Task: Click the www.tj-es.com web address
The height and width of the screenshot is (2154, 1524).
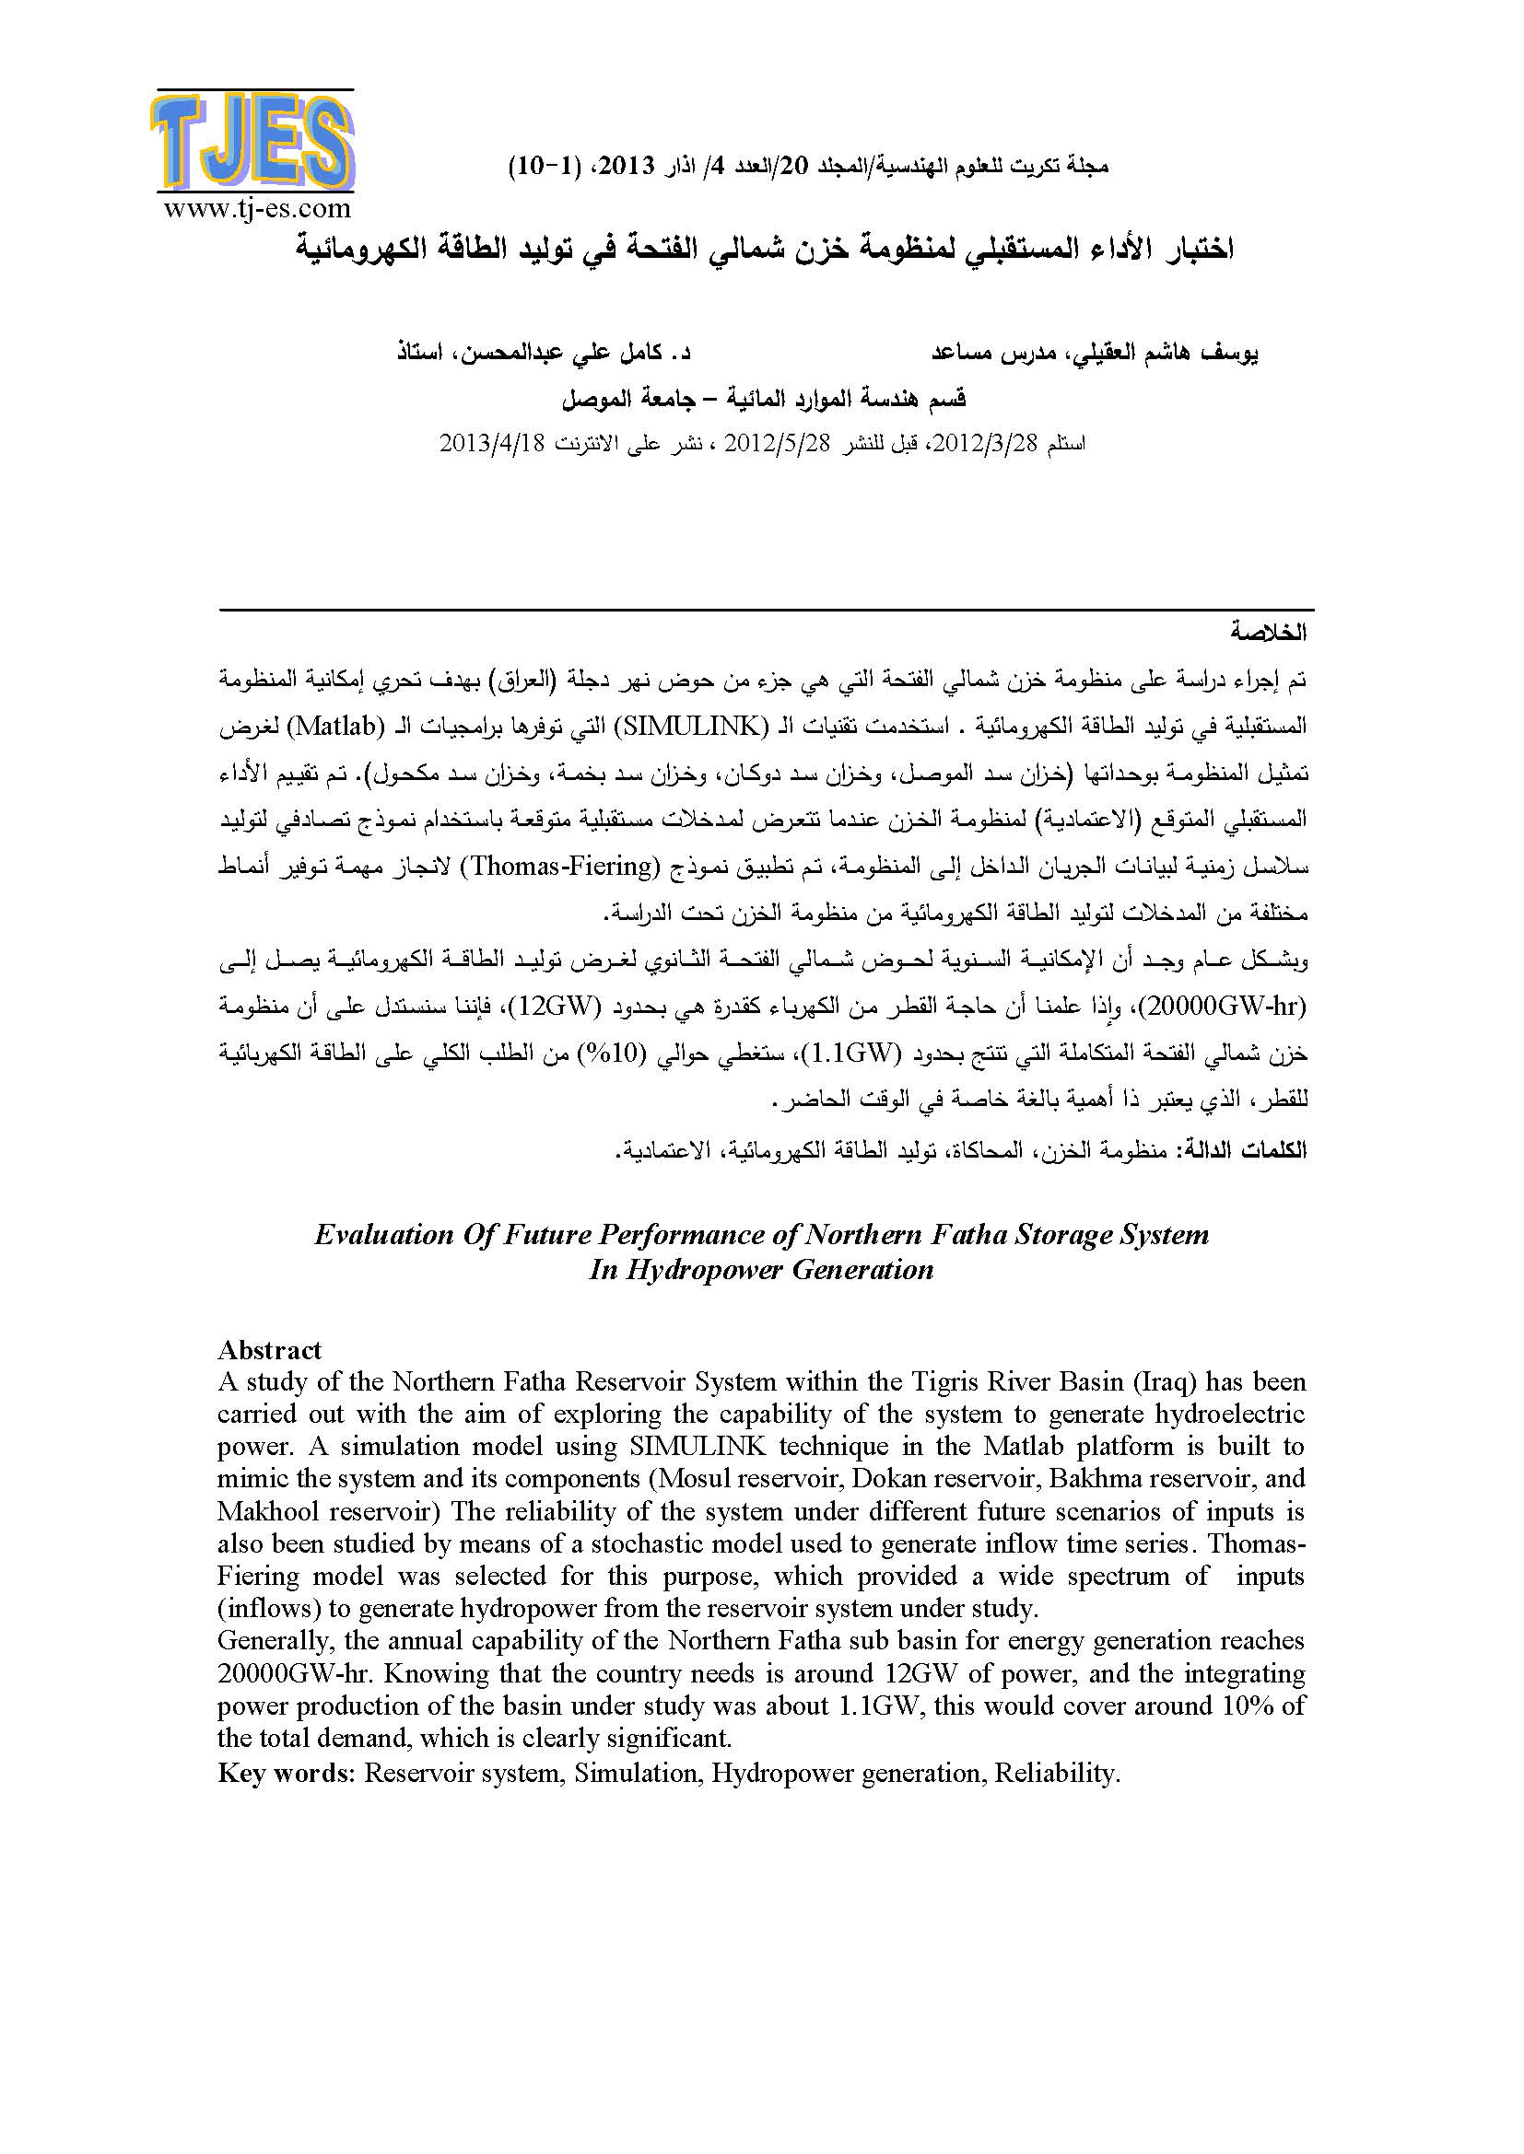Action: click(x=257, y=208)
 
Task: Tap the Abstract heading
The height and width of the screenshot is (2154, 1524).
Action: click(x=269, y=1350)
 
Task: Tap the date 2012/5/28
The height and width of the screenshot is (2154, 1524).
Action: click(x=776, y=444)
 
